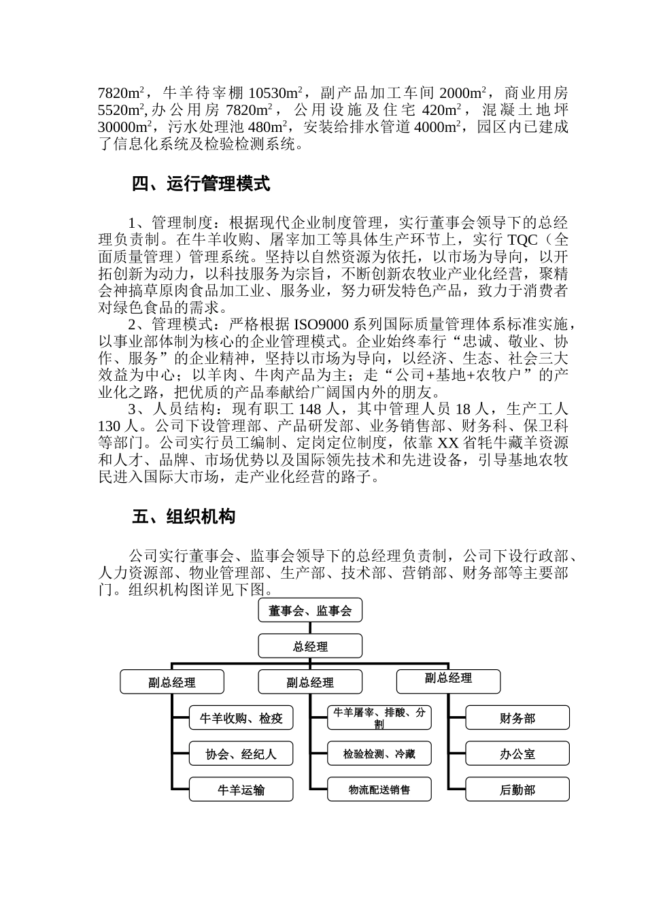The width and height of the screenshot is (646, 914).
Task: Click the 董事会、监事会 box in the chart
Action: (310, 611)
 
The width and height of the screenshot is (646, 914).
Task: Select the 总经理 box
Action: (310, 646)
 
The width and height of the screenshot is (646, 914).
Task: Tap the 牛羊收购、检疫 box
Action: (241, 718)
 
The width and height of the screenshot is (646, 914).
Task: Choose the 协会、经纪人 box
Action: (241, 754)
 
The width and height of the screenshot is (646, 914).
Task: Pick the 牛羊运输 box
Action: (241, 790)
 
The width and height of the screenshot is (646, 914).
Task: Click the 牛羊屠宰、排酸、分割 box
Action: (379, 718)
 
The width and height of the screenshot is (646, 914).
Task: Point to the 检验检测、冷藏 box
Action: (379, 754)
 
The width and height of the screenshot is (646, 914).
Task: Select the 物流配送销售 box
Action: (379, 790)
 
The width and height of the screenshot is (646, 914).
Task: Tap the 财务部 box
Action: (517, 718)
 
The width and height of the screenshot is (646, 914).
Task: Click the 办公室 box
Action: (517, 754)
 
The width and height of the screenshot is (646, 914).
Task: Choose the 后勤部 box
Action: (517, 790)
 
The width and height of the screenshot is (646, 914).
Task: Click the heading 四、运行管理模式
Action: (201, 184)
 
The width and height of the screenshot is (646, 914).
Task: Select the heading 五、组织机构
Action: (184, 517)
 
